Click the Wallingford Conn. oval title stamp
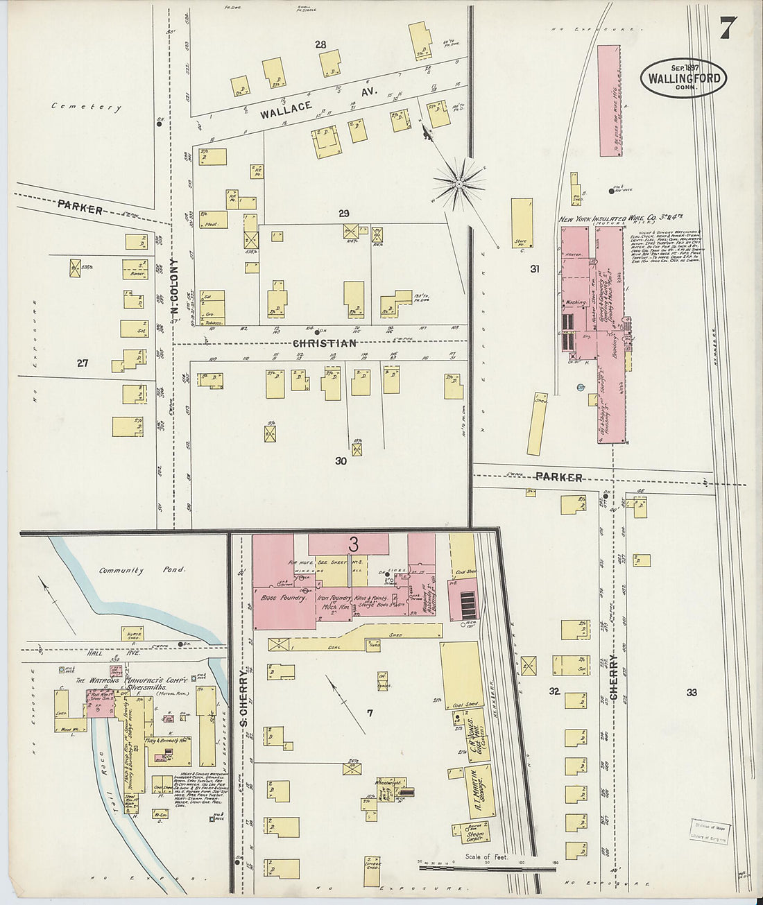(683, 78)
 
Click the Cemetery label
(86, 107)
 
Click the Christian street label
(325, 343)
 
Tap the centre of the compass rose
(458, 183)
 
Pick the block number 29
(343, 213)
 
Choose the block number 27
(83, 362)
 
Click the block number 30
(341, 460)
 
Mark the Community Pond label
(142, 570)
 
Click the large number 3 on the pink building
(353, 543)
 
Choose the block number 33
(691, 692)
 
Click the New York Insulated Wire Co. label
(617, 219)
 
